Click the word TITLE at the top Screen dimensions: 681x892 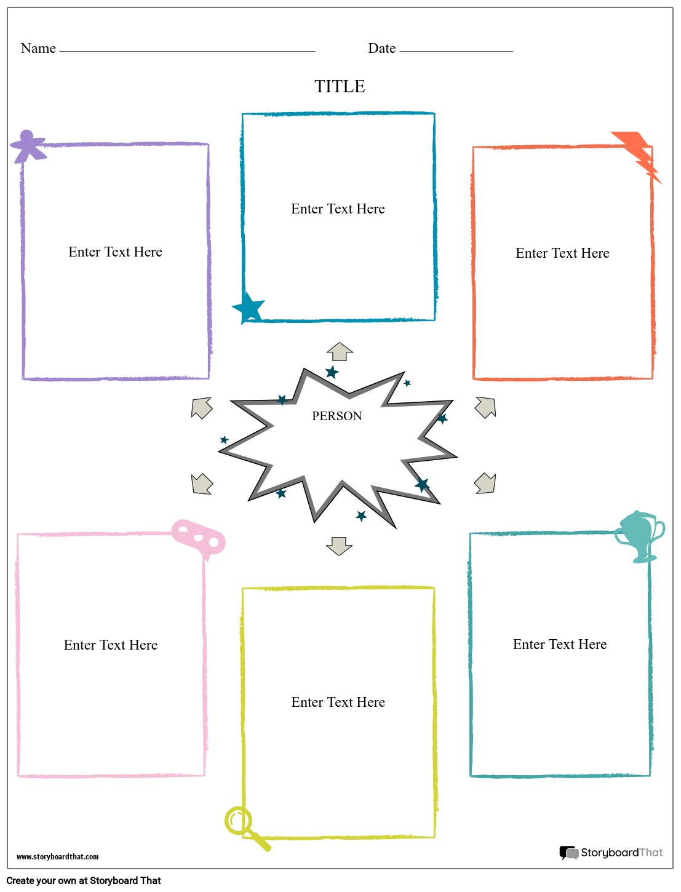pyautogui.click(x=340, y=86)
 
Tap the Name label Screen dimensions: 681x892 pyautogui.click(x=38, y=48)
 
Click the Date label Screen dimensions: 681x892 pyautogui.click(x=381, y=48)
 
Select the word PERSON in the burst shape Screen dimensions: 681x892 pyautogui.click(x=337, y=416)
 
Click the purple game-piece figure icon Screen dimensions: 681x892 pyautogui.click(x=28, y=146)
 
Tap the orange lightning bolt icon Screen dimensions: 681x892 pyautogui.click(x=636, y=156)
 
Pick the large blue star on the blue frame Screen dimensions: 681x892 pyautogui.click(x=248, y=308)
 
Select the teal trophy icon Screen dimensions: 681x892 pyautogui.click(x=640, y=536)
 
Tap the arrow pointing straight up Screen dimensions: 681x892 pyautogui.click(x=340, y=351)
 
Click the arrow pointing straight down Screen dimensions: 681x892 pyautogui.click(x=340, y=546)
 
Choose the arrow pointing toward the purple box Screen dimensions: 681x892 pyautogui.click(x=202, y=408)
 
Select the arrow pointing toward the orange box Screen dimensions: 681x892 pyautogui.click(x=485, y=407)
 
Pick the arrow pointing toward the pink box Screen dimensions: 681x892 pyautogui.click(x=202, y=484)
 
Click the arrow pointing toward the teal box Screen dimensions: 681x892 pyautogui.click(x=485, y=483)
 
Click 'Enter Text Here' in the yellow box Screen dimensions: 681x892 pyautogui.click(x=338, y=702)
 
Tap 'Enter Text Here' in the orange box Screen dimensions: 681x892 pyautogui.click(x=562, y=253)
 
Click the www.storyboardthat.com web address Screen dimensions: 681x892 pyautogui.click(x=57, y=857)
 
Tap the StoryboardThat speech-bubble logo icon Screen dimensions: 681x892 pyautogui.click(x=569, y=853)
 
